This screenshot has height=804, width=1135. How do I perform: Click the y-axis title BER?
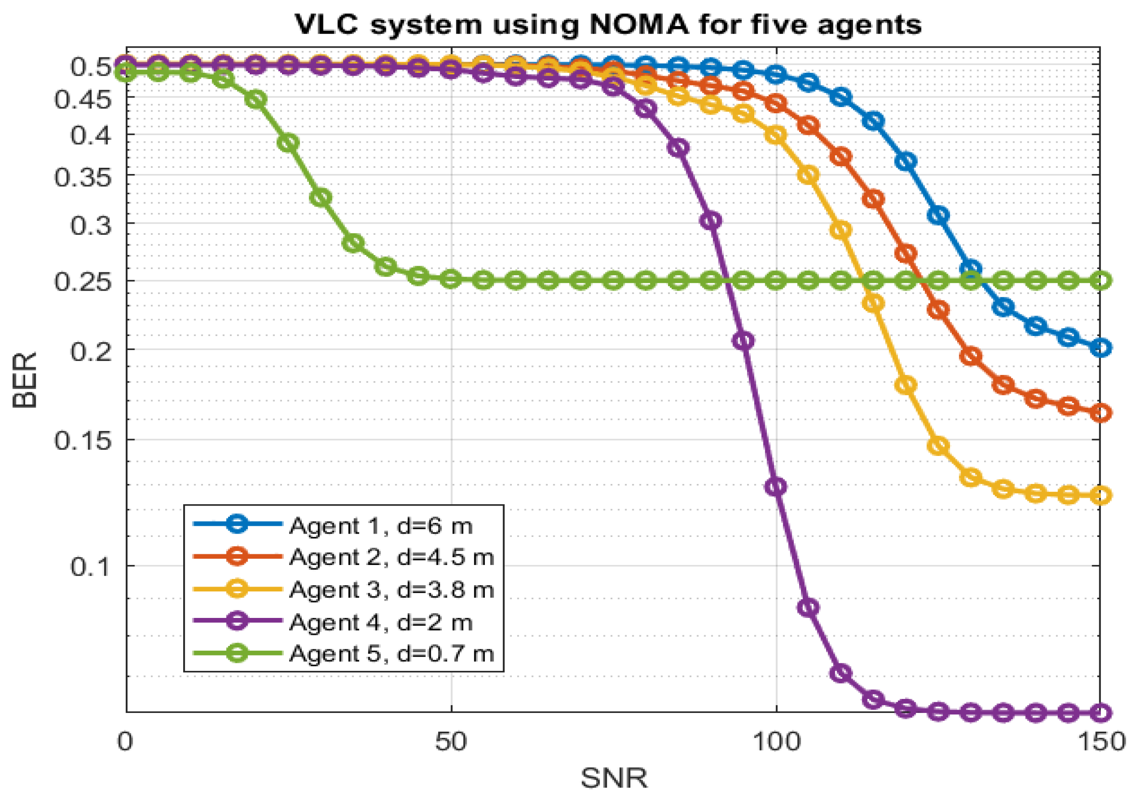tap(25, 380)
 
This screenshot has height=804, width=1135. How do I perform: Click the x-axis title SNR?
tap(614, 778)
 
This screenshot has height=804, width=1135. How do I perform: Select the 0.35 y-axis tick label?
tap(83, 176)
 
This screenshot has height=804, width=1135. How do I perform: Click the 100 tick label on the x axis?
tap(775, 742)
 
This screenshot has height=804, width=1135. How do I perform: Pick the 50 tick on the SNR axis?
tap(451, 742)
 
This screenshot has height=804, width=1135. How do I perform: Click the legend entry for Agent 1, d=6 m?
tap(381, 526)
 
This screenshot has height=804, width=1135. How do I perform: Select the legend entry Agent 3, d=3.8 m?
tap(391, 590)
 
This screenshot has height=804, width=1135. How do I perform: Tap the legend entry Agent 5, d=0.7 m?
tap(391, 654)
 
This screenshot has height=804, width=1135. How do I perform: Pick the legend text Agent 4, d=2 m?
tap(381, 622)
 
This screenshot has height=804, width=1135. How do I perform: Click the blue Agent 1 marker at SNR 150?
tap(1100, 348)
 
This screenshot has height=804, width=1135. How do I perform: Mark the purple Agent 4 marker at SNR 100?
tap(775, 487)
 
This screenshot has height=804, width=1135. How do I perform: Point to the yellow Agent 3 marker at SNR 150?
tap(1100, 495)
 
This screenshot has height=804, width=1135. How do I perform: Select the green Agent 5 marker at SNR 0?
tap(126, 72)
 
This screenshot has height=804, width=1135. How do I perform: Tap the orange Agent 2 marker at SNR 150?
tap(1100, 413)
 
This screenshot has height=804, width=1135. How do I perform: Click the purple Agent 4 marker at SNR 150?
tap(1100, 713)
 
